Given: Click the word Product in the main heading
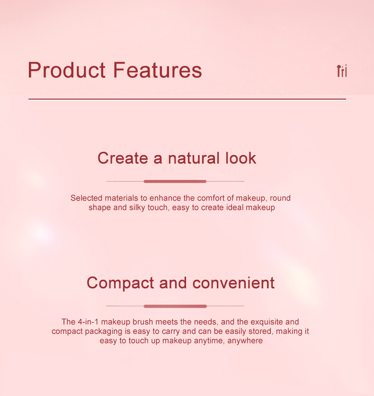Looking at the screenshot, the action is tap(67, 70).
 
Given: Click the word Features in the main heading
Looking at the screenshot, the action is tap(158, 70).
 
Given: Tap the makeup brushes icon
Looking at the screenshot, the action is tap(342, 71).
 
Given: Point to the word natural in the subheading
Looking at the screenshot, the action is tap(194, 158).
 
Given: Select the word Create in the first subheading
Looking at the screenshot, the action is tap(123, 158).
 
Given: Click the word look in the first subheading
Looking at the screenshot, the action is tap(241, 158).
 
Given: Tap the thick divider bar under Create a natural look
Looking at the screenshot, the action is tap(175, 181).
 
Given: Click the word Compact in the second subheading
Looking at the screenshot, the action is tap(120, 283).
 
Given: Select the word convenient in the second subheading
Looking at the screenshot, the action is tap(233, 283).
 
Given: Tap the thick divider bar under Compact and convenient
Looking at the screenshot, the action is tap(175, 306).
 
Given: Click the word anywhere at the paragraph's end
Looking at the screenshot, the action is tap(245, 341).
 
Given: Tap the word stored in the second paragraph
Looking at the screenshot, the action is tap(261, 332).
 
